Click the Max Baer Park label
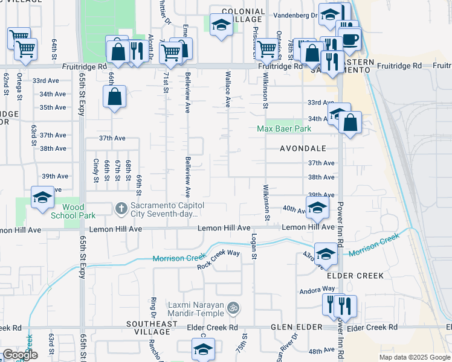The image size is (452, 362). (284, 129)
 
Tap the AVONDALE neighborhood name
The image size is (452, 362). (303, 148)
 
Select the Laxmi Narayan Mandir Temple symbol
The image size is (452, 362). (233, 308)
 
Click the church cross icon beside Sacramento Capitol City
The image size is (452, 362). (121, 209)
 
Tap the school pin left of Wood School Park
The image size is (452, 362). (43, 198)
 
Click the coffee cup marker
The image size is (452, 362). (350, 40)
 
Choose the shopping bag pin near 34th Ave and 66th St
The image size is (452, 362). (114, 97)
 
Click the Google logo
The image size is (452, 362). (21, 355)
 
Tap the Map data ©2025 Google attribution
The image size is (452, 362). (414, 357)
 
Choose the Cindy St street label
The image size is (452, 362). (97, 170)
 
